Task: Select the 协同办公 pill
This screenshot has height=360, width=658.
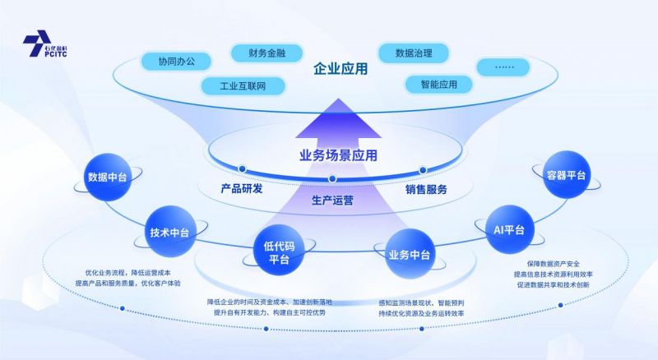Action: [x=175, y=61]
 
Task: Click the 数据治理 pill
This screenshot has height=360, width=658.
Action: [x=415, y=53]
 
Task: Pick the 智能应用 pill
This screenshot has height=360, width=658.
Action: [x=438, y=84]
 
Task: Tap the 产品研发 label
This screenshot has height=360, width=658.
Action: [x=242, y=189]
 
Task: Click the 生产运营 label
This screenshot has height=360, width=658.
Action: [x=332, y=200]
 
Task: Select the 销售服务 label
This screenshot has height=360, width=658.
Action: [x=426, y=190]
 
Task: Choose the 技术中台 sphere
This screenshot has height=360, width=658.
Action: [x=169, y=233]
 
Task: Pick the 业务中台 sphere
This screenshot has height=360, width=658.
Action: [x=409, y=254]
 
